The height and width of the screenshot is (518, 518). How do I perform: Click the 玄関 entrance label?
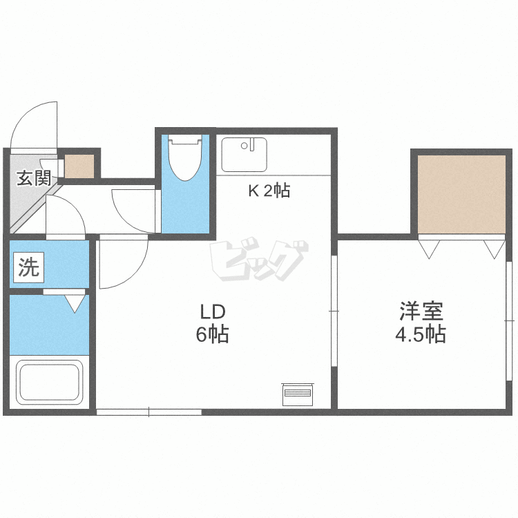(x=34, y=178)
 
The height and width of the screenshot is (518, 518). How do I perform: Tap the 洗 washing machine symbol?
(x=29, y=267)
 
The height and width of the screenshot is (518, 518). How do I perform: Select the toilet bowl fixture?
(x=185, y=157)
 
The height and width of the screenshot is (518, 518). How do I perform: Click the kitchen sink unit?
(x=244, y=155)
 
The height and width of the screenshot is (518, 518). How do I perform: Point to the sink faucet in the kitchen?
(x=252, y=145)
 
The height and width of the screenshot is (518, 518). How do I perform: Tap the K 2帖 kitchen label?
(x=269, y=191)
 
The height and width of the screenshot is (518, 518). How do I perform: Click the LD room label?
(x=213, y=312)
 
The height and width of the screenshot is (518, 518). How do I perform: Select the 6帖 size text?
(x=213, y=334)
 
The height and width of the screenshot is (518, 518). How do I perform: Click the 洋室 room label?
(x=421, y=311)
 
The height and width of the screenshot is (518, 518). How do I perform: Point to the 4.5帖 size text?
(x=421, y=334)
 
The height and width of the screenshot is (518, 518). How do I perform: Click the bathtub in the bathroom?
(x=50, y=382)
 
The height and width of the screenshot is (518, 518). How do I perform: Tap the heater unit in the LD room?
(x=297, y=394)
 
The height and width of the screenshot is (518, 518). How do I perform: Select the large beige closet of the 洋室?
(x=461, y=194)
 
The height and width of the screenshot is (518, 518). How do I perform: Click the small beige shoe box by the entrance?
(x=79, y=166)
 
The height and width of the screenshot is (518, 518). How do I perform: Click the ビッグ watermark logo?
(x=259, y=259)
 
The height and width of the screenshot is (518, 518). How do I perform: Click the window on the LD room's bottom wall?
(x=149, y=412)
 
